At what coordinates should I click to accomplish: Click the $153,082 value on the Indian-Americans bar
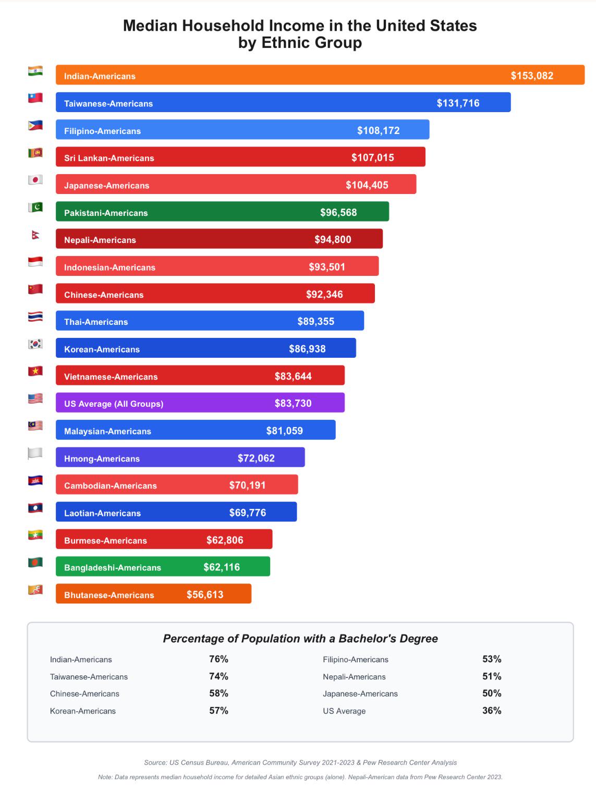click(x=532, y=76)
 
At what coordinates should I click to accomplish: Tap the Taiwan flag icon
click(x=35, y=98)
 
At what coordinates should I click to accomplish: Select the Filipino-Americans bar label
click(x=102, y=131)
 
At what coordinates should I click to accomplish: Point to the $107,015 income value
click(x=372, y=157)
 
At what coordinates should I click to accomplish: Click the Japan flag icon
click(x=35, y=180)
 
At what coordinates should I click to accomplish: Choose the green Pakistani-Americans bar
click(x=222, y=211)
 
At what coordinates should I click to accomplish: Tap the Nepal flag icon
click(x=35, y=235)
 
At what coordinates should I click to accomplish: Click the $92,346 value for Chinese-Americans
click(x=324, y=294)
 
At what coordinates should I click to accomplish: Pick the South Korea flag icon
click(x=35, y=344)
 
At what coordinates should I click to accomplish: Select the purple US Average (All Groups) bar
click(x=200, y=403)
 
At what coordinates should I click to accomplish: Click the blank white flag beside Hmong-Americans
click(x=35, y=453)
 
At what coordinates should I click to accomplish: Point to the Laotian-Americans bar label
click(x=102, y=513)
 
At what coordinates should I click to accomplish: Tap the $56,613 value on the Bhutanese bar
click(x=205, y=594)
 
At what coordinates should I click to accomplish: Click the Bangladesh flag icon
click(x=35, y=562)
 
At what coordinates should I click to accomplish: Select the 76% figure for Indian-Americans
click(x=219, y=659)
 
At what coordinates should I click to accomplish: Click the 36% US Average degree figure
click(x=492, y=710)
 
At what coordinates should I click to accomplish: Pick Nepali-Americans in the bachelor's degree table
click(x=354, y=676)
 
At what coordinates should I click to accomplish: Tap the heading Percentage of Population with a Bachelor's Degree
click(x=300, y=638)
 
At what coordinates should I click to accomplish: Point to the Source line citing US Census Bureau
click(x=300, y=762)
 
